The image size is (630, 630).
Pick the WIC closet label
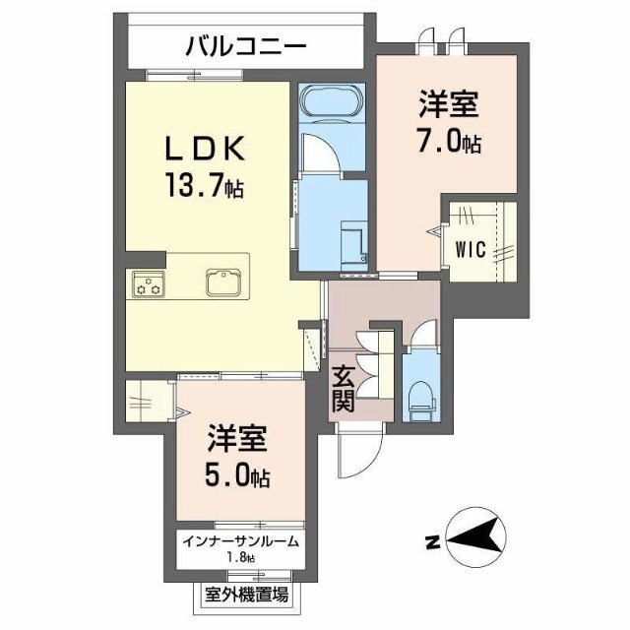tap(471, 248)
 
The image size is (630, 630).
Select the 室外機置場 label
tap(247, 594)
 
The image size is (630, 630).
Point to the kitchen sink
tap(225, 282)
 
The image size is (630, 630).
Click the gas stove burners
tap(147, 286)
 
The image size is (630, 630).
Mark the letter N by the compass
tap(431, 541)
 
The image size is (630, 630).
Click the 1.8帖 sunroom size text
tap(240, 558)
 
